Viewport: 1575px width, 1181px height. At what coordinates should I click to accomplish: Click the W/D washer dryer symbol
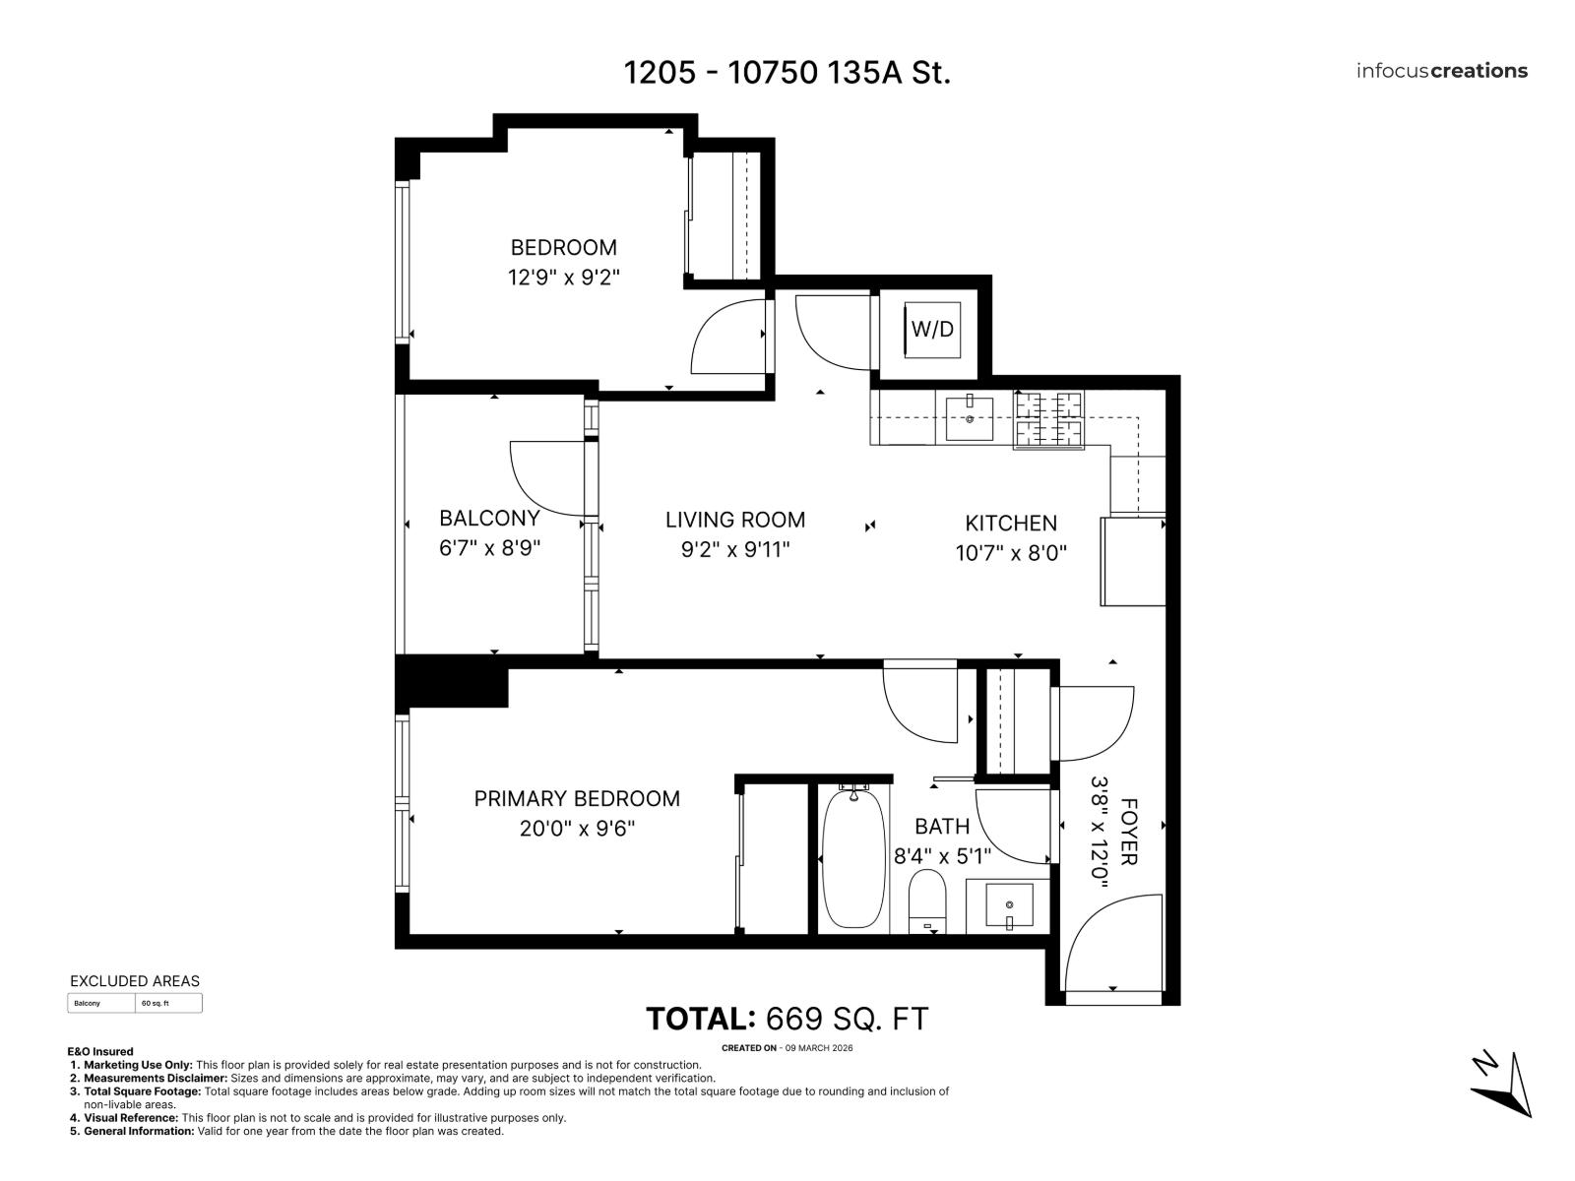pyautogui.click(x=931, y=330)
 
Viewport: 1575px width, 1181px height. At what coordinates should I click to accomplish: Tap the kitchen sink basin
pyautogui.click(x=970, y=418)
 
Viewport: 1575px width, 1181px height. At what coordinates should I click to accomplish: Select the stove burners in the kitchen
pyautogui.click(x=1048, y=420)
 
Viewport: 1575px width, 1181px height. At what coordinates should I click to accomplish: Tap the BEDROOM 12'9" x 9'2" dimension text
pyautogui.click(x=563, y=278)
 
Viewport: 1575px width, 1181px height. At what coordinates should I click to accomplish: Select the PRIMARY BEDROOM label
pyautogui.click(x=577, y=798)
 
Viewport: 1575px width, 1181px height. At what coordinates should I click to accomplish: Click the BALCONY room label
pyautogui.click(x=489, y=518)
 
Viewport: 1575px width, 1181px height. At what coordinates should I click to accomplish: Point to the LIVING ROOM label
pyautogui.click(x=734, y=520)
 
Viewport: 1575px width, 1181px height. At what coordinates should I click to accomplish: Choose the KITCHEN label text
pyautogui.click(x=1010, y=524)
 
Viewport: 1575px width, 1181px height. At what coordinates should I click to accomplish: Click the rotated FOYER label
pyautogui.click(x=1128, y=832)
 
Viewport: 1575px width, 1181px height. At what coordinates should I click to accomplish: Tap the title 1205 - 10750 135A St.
pyautogui.click(x=787, y=73)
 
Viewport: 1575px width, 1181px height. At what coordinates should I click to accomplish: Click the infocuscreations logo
pyautogui.click(x=1441, y=71)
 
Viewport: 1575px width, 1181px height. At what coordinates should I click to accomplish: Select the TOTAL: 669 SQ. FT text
pyautogui.click(x=787, y=1019)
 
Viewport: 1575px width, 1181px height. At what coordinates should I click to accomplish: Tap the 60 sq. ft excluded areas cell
pyautogui.click(x=167, y=1003)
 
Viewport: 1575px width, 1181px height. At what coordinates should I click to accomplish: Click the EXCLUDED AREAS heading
pyautogui.click(x=135, y=981)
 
